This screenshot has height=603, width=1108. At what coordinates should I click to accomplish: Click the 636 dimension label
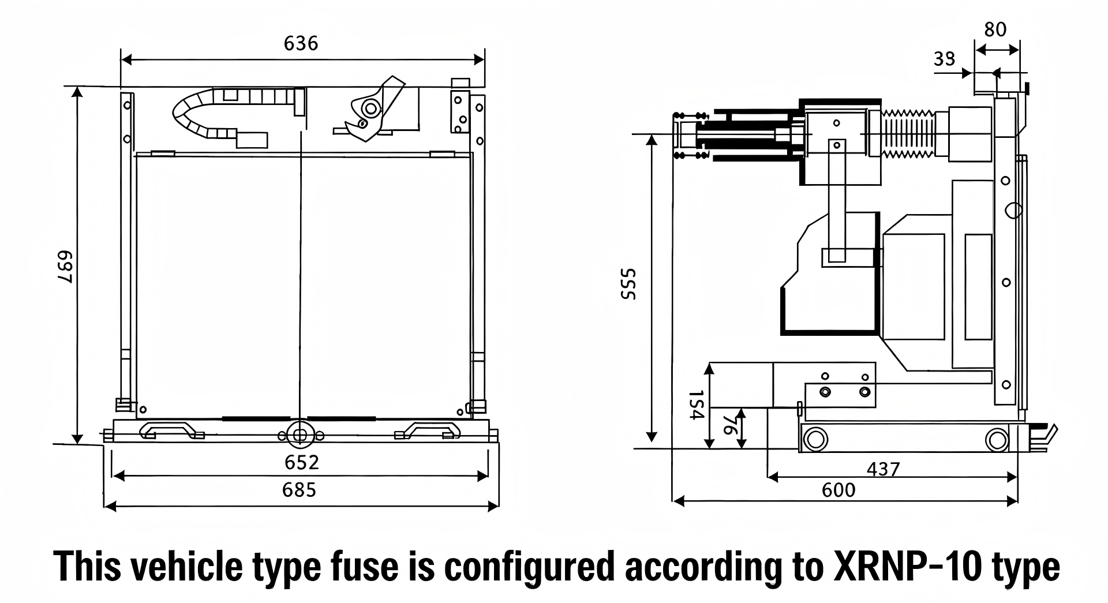[x=301, y=44]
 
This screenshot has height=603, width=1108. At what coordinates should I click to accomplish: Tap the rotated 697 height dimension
[x=64, y=267]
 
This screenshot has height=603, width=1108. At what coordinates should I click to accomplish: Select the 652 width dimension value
[x=301, y=462]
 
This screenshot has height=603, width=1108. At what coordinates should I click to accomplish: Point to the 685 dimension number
[x=300, y=490]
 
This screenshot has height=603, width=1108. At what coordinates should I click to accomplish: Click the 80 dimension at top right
[x=995, y=29]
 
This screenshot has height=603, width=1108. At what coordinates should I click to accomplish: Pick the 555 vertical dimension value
[x=628, y=284]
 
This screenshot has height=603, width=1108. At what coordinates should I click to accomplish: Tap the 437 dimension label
[x=883, y=469]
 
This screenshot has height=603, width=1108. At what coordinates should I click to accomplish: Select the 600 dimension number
[x=839, y=490]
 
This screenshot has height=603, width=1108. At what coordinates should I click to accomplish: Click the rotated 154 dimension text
[x=697, y=405]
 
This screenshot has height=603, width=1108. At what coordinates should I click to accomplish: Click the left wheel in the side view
[x=814, y=440]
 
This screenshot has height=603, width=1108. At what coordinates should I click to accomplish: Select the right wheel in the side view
[x=997, y=440]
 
